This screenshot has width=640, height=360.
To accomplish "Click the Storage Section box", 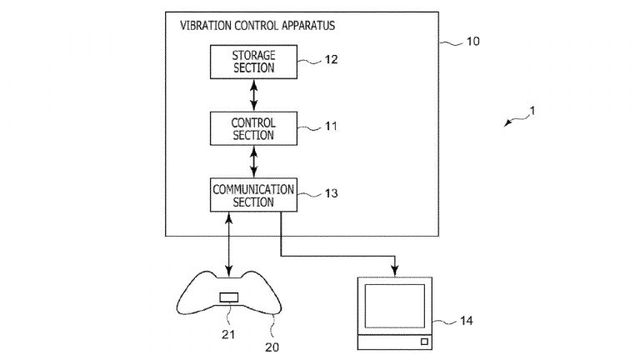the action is tap(253, 62).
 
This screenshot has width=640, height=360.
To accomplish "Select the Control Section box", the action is tap(253, 129).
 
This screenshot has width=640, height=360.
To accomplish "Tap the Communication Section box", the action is tap(253, 195).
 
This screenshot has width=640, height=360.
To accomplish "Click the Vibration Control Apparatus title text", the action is tap(258, 25).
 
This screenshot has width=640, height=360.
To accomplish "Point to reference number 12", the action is tap(331, 60).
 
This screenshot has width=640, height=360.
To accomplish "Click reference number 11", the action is tap(331, 126).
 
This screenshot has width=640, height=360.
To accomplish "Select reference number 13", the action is tap(331, 193).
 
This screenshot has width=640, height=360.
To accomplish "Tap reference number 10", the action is tap(473, 41).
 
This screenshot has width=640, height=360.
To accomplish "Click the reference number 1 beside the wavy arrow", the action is tap(532, 111).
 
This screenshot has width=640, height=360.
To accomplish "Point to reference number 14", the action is tap(467, 321).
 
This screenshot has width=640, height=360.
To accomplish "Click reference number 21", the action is tap(228, 335).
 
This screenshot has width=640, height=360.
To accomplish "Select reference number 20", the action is tap(272, 347).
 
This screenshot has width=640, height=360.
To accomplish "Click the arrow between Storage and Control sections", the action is tap(254, 95).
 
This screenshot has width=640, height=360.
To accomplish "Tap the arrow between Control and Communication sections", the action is tap(254, 162).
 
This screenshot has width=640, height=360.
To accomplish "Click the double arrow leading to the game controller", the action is tap(229, 244).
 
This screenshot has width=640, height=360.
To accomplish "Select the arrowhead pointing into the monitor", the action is tap(395, 271).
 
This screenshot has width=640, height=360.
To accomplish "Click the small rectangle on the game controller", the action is tap(229, 297).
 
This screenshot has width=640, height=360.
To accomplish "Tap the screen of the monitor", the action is tap(395, 306).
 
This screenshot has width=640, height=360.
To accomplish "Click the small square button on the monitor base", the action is tap(424, 342).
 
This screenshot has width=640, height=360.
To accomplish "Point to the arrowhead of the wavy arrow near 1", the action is tap(507, 123).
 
